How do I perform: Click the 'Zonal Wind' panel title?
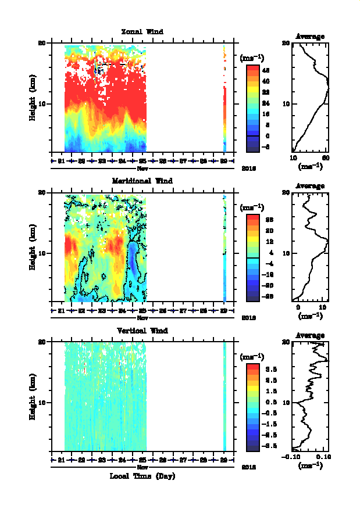click(x=142, y=31)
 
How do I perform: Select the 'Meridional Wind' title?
click(x=142, y=181)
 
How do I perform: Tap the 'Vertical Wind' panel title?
click(x=142, y=330)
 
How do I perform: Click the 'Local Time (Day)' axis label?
click(x=142, y=476)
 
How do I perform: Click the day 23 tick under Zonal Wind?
click(x=102, y=160)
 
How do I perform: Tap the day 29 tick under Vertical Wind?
click(x=224, y=459)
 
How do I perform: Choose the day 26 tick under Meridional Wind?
click(x=163, y=310)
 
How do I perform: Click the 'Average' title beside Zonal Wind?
click(x=310, y=36)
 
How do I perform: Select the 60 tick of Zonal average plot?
click(x=327, y=158)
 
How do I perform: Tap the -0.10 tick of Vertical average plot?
click(x=293, y=457)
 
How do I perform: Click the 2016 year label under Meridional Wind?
click(x=249, y=317)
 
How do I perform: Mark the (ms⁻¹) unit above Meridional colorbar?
click(x=252, y=207)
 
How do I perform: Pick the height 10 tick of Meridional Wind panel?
click(x=42, y=253)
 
